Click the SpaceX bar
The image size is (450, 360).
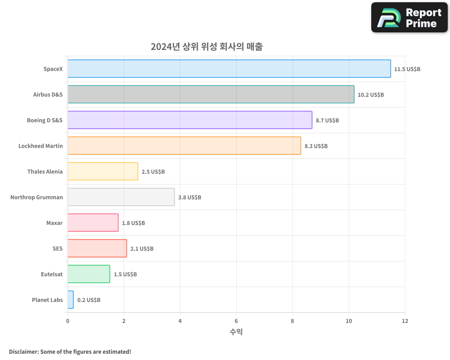(x=229, y=69)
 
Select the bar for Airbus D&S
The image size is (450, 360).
(x=211, y=94)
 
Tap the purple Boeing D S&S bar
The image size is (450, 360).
(x=189, y=120)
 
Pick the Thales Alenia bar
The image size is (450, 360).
(x=103, y=171)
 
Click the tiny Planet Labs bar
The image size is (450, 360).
(x=71, y=300)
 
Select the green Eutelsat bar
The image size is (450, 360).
(x=89, y=274)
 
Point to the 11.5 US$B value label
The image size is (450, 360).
(x=407, y=69)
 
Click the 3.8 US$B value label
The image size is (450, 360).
(x=189, y=198)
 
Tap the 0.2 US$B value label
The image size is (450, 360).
(x=89, y=300)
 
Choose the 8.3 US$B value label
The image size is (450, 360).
(x=316, y=146)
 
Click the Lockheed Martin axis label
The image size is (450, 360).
(x=40, y=146)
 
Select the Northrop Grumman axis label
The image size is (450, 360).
(x=36, y=198)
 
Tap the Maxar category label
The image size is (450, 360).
(x=54, y=223)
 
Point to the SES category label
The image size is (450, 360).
(x=58, y=249)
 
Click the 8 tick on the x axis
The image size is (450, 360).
(x=292, y=321)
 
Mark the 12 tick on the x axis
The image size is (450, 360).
(x=405, y=321)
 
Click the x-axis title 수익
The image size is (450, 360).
(x=236, y=332)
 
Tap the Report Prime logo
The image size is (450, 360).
(x=409, y=18)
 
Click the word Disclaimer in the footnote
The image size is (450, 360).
(x=23, y=351)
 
